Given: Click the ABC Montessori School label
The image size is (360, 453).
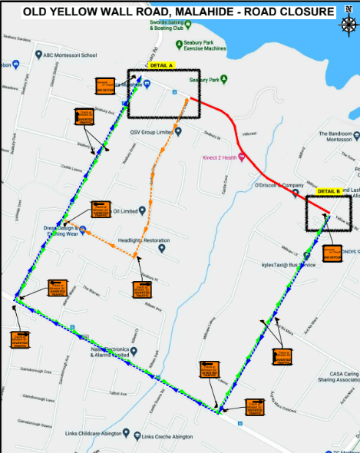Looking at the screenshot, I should pos(69,55).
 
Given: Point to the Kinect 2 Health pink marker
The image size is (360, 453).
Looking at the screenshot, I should pos(241,157).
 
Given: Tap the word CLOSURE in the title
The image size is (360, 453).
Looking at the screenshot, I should pos(305,12).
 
